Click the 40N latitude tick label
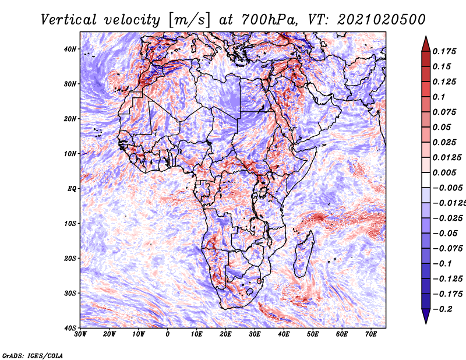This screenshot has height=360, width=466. [x=69, y=49]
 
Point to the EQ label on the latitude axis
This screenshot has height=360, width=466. [x=72, y=189]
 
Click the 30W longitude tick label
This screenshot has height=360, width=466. [x=80, y=334]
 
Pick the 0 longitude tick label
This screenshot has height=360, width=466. [x=168, y=334]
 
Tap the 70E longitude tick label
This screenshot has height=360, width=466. [x=370, y=334]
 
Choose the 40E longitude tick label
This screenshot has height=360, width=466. [x=284, y=334]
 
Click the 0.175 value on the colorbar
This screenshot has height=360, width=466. [x=444, y=52]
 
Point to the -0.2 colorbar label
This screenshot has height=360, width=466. [x=442, y=309]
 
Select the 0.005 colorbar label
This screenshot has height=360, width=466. [x=444, y=172]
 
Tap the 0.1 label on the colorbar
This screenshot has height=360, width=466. [x=439, y=97]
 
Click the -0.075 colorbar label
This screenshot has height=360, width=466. [x=447, y=249]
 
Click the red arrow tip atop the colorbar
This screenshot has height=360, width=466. [x=426, y=37]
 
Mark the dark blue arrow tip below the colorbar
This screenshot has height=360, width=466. [x=426, y=323]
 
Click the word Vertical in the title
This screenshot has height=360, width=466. [x=69, y=20]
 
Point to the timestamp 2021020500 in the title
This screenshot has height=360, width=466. [x=382, y=20]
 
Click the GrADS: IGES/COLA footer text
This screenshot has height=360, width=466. [x=33, y=355]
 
